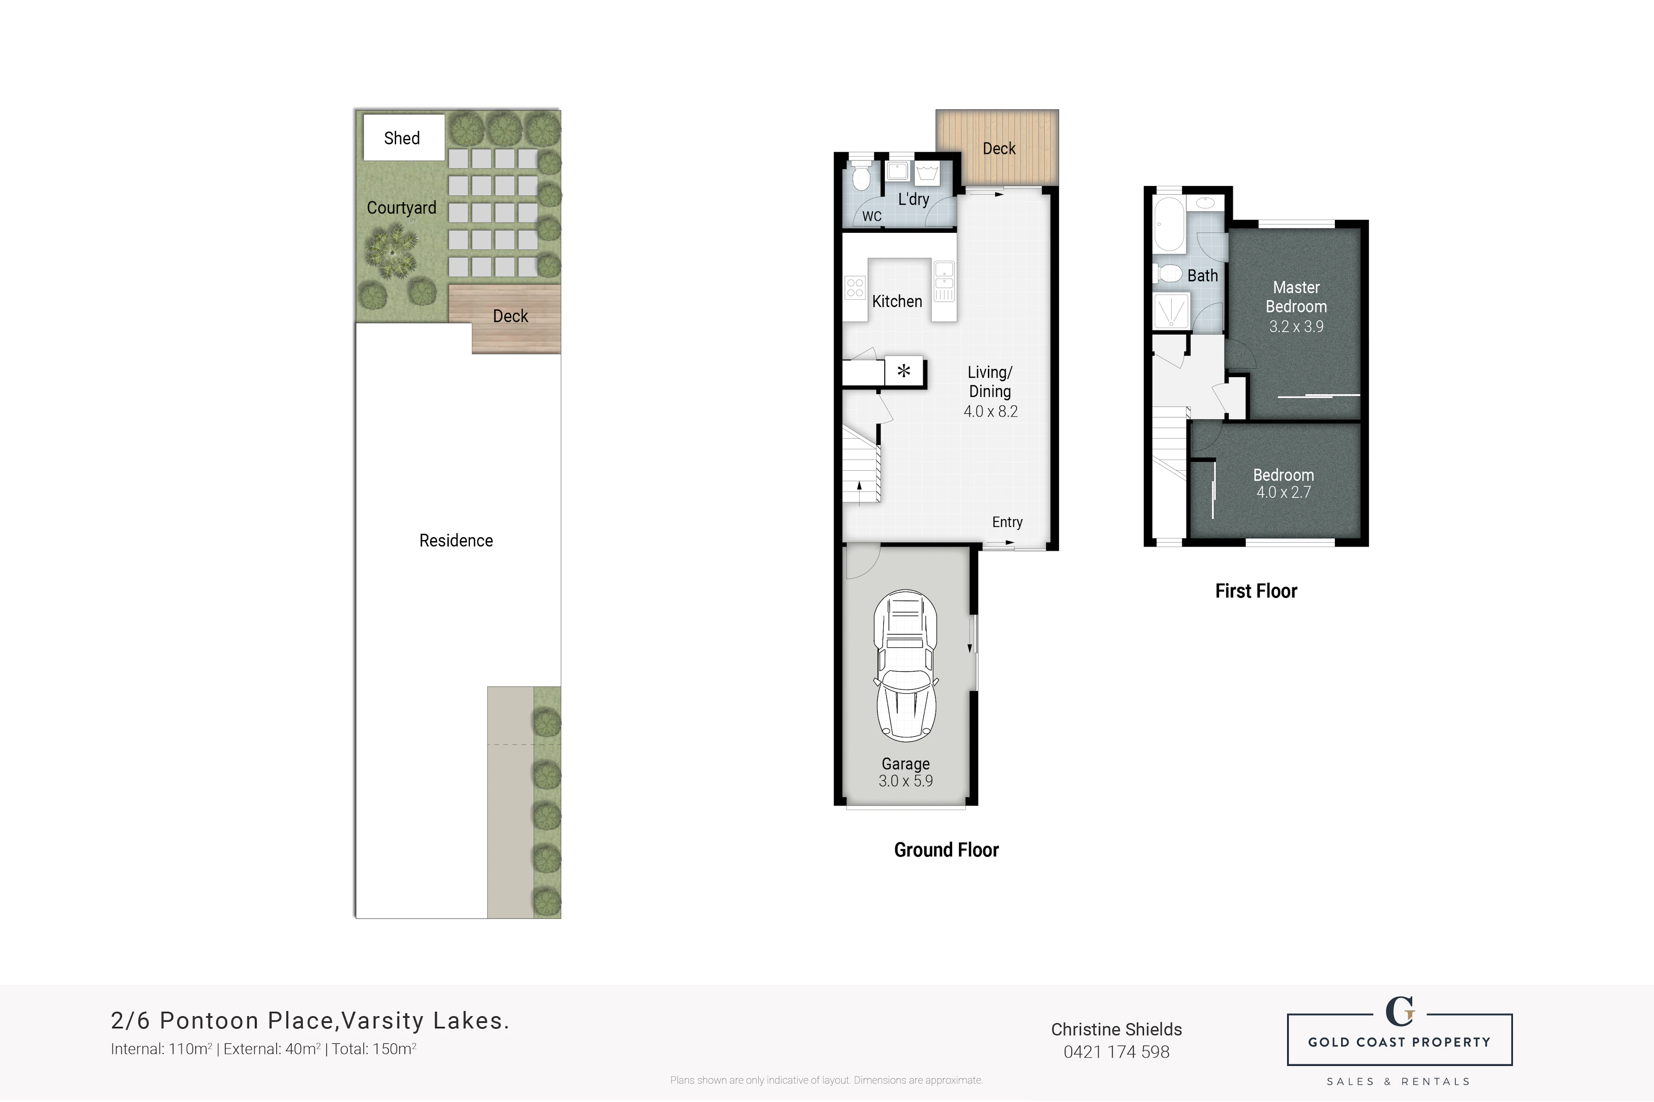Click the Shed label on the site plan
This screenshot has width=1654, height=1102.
point(402,138)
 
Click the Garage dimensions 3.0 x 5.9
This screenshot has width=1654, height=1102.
point(905,781)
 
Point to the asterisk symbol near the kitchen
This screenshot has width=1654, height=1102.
point(904,370)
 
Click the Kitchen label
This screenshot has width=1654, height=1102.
point(897,302)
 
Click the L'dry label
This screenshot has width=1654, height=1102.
point(914,199)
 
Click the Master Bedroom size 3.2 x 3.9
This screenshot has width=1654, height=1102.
point(1296,327)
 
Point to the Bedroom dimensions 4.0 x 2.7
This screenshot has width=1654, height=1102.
point(1284,493)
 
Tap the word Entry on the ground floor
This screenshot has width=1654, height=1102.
point(1007,522)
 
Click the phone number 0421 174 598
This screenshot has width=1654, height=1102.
point(1116,1052)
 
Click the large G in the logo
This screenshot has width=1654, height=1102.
point(1399,1011)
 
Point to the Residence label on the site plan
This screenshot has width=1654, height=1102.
point(456,540)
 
